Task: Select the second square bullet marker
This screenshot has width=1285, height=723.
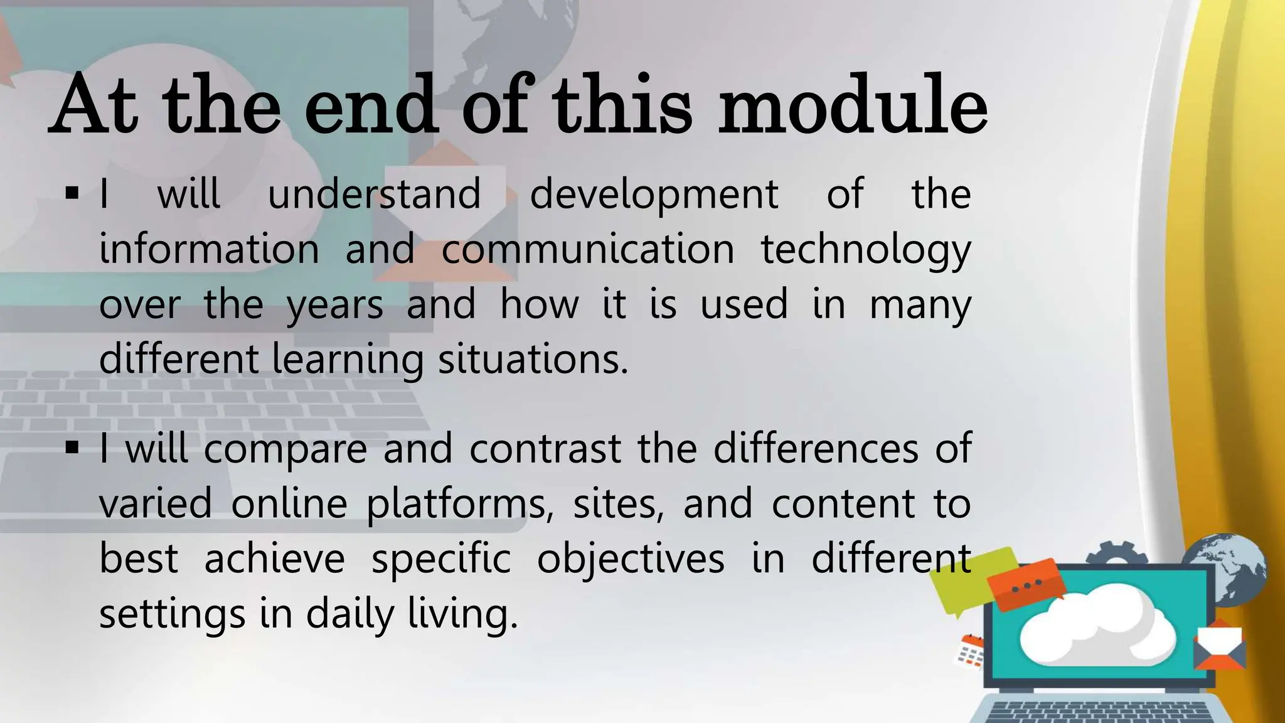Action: pyautogui.click(x=72, y=448)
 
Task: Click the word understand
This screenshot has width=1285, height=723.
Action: pyautogui.click(x=374, y=194)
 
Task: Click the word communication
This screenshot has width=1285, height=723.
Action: pyautogui.click(x=588, y=249)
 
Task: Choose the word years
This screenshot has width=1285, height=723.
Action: pyautogui.click(x=334, y=306)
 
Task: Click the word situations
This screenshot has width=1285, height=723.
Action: pyautogui.click(x=533, y=360)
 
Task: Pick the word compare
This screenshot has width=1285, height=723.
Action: pyautogui.click(x=285, y=450)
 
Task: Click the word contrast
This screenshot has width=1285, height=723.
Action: pyautogui.click(x=545, y=449)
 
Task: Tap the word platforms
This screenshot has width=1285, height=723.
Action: pyautogui.click(x=460, y=505)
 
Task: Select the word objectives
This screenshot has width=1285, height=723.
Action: pyautogui.click(x=631, y=559)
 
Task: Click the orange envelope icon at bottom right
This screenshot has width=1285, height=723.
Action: pyautogui.click(x=1220, y=646)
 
